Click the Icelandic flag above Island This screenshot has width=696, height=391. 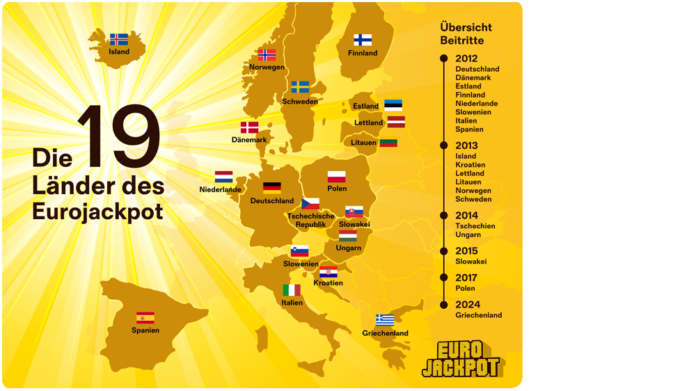119,40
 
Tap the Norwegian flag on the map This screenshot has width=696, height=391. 267,55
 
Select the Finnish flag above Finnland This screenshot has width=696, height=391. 363,40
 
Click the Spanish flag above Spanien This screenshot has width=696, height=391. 145,318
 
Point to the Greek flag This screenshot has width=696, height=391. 385,320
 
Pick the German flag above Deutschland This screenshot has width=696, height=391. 272,187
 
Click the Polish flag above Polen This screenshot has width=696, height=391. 337,176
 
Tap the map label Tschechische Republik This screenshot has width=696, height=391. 310,221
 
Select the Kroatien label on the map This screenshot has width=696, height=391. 328,283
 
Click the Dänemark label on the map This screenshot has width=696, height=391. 249,140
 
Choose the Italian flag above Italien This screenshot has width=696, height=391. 292,290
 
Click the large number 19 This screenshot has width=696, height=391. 119,138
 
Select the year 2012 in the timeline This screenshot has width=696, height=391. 466,58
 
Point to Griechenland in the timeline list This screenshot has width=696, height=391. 479,315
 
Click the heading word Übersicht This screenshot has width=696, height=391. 466,27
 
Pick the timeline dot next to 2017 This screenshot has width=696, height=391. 444,278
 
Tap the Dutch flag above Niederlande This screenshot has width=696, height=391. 223,177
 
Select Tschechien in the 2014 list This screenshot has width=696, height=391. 475,226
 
